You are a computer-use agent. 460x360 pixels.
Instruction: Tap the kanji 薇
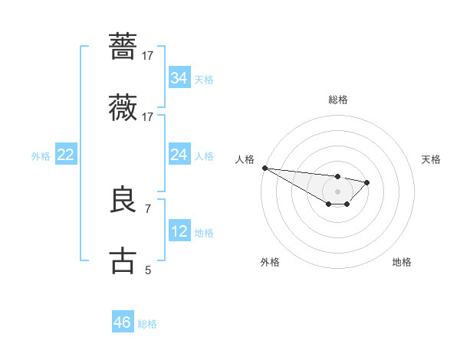(123, 108)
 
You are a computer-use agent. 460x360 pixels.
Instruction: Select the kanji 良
(123, 199)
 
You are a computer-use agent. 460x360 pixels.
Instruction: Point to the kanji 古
(123, 260)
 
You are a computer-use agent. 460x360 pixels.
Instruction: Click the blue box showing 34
(179, 78)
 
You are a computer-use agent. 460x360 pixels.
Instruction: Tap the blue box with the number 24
(179, 155)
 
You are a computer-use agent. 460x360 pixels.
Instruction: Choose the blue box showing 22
(66, 155)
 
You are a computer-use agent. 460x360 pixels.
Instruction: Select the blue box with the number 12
(179, 231)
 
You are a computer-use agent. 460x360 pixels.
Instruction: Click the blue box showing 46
(122, 322)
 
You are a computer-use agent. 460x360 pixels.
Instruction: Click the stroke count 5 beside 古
(148, 270)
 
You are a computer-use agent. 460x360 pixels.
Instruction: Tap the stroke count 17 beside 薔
(148, 55)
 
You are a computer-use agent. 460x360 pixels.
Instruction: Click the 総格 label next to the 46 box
(148, 324)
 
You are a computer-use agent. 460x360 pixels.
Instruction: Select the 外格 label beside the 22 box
(41, 156)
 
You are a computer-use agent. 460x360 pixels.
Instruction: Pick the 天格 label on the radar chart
(431, 159)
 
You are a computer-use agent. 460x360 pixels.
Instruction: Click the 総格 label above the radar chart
(337, 100)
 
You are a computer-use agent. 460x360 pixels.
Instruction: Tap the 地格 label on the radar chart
(402, 262)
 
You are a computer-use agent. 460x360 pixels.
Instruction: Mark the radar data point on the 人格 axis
(264, 168)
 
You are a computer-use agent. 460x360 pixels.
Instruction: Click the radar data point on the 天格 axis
(367, 182)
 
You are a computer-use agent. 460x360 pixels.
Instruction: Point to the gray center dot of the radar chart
(337, 191)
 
